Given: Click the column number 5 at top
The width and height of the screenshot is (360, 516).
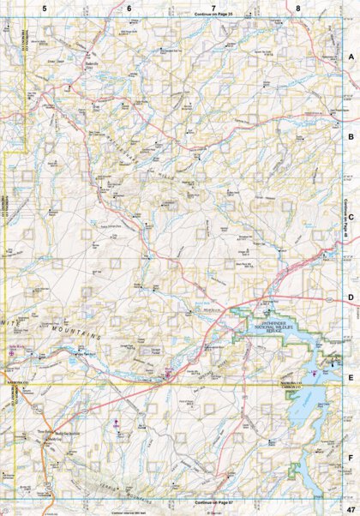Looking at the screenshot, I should pyautogui.click(x=45, y=9).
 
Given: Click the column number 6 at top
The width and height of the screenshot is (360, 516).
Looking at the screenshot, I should pyautogui.click(x=129, y=9).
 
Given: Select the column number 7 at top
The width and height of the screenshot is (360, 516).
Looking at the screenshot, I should pyautogui.click(x=213, y=9).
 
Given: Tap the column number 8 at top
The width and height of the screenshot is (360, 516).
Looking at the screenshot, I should pyautogui.click(x=297, y=9).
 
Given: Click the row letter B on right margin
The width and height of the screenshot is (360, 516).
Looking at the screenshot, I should pyautogui.click(x=351, y=136).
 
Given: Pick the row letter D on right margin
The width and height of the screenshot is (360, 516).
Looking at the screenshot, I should pyautogui.click(x=351, y=298).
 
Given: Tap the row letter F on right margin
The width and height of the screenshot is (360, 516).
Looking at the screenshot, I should pyautogui.click(x=351, y=458).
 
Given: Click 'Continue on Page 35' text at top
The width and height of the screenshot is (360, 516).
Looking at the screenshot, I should pyautogui.click(x=213, y=16).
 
